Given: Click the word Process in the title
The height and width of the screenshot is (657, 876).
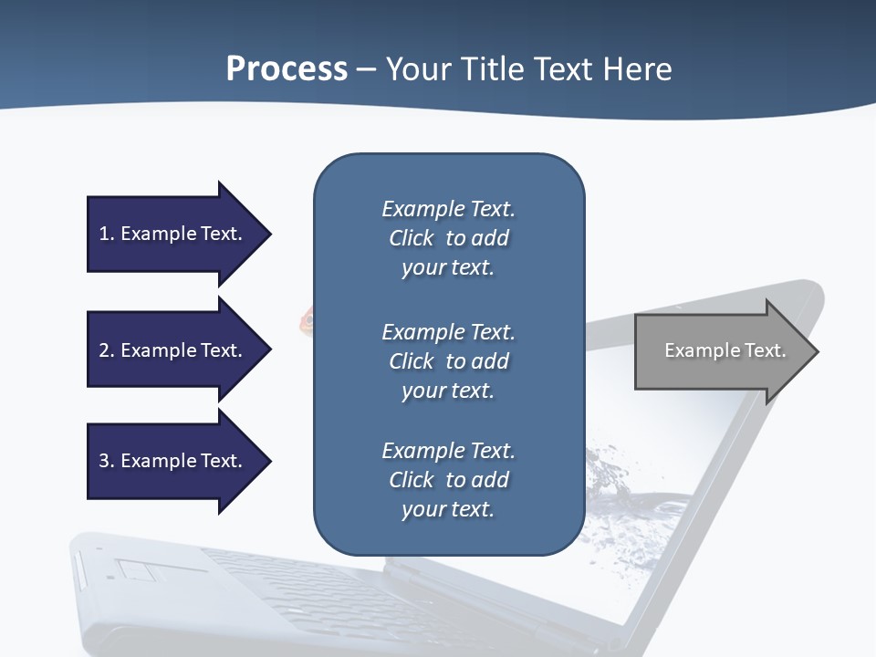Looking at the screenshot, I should tap(287, 69).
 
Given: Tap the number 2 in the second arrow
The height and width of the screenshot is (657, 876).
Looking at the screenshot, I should tap(104, 350).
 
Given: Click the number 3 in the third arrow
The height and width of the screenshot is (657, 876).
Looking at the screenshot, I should tap(104, 461).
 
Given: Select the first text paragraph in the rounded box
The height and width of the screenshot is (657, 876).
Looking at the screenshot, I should tap(448, 238).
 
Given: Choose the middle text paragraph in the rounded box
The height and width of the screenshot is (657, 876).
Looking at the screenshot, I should tap(448, 361).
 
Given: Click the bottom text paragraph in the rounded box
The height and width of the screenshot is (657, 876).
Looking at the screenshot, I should tap(448, 480).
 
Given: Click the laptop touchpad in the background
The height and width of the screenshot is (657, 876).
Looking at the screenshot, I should tap(137, 571).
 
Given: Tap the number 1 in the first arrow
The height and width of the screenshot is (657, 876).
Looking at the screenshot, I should tap(104, 234).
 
